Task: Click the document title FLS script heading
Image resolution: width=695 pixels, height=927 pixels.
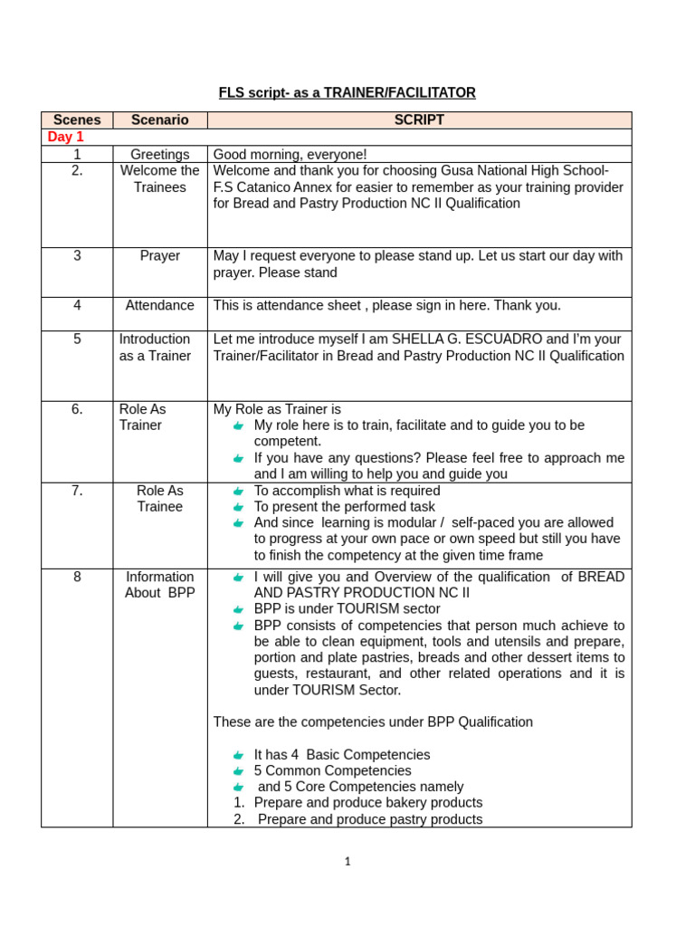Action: pyautogui.click(x=347, y=92)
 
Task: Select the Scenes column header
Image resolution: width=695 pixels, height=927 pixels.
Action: pyautogui.click(x=77, y=119)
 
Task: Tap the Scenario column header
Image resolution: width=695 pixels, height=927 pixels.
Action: pyautogui.click(x=160, y=119)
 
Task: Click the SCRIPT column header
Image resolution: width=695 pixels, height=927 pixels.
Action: pyautogui.click(x=419, y=119)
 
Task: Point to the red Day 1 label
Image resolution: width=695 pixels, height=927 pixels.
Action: pyautogui.click(x=65, y=137)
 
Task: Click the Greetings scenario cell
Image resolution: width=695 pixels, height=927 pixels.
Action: pyautogui.click(x=160, y=154)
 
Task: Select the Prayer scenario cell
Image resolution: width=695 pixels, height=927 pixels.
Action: pyautogui.click(x=160, y=255)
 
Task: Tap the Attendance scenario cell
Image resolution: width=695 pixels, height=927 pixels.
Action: pyautogui.click(x=160, y=305)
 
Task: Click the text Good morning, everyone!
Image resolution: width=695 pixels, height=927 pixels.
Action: pyautogui.click(x=290, y=154)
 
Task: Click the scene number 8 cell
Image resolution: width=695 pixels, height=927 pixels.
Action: pyautogui.click(x=77, y=577)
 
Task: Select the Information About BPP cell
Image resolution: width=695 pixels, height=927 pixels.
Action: pyautogui.click(x=160, y=585)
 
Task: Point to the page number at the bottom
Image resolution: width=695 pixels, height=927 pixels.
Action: pyautogui.click(x=347, y=862)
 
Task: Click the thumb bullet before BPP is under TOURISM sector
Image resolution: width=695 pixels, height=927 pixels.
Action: pyautogui.click(x=238, y=609)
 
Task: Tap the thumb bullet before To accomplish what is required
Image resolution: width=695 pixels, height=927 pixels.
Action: pyautogui.click(x=238, y=491)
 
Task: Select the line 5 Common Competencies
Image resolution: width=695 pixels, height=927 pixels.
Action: pyautogui.click(x=332, y=770)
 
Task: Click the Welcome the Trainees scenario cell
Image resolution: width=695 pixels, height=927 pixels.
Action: pyautogui.click(x=160, y=178)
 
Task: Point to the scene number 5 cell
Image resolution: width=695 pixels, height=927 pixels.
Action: pyautogui.click(x=77, y=339)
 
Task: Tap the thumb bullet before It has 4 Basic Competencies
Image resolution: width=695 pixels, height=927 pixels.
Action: pyautogui.click(x=238, y=755)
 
